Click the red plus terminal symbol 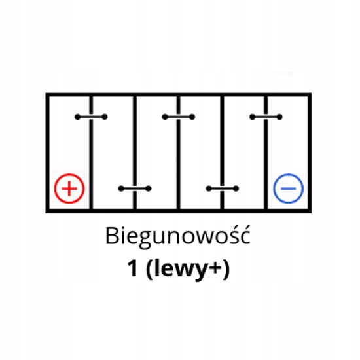(x=69, y=189)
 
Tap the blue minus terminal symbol (x=289, y=189)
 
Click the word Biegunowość (x=177, y=236)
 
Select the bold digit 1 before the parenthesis (x=133, y=268)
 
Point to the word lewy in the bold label (x=179, y=269)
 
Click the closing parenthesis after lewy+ (x=226, y=269)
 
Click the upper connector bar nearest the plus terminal (x=91, y=117)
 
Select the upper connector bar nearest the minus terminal (x=266, y=117)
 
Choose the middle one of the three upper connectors (x=179, y=117)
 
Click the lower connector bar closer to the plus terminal (x=135, y=189)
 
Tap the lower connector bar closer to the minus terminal (x=223, y=189)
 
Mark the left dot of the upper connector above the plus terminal (x=78, y=117)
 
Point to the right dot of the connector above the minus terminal (x=279, y=117)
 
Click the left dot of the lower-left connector (x=121, y=189)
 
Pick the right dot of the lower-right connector (x=236, y=189)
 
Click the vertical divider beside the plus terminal (x=91, y=153)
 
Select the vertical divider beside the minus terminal (x=266, y=153)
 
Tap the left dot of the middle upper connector (x=165, y=117)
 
